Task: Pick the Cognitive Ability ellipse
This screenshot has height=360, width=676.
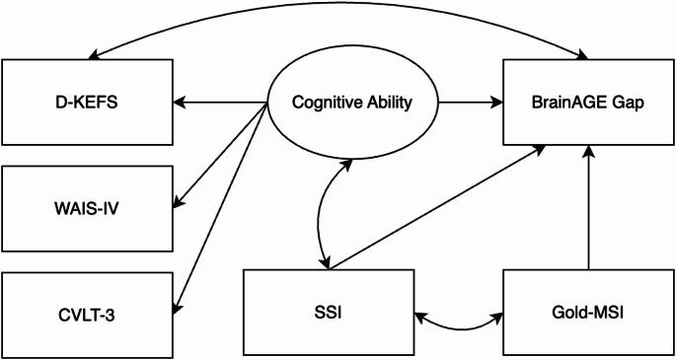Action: (352, 101)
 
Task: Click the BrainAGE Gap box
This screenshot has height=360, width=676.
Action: (588, 101)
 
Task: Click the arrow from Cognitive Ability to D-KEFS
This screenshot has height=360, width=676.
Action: (221, 101)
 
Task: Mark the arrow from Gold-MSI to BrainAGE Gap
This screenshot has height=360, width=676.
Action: (588, 207)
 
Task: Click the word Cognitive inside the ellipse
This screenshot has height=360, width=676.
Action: (322, 101)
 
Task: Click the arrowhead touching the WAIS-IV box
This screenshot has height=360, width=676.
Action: (179, 204)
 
